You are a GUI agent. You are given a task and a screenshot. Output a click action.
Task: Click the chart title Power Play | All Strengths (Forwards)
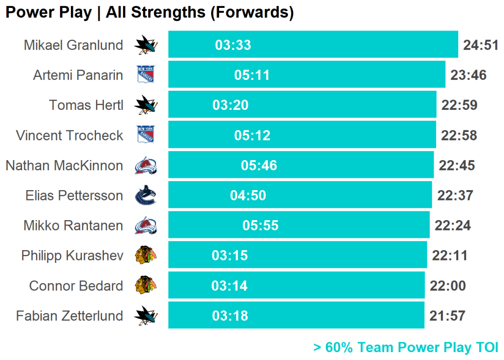pyautogui.click(x=150, y=13)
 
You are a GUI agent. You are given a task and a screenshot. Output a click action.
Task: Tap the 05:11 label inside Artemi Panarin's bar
pyautogui.click(x=252, y=75)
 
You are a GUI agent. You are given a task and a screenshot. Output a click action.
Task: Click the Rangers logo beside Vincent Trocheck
pyautogui.click(x=146, y=135)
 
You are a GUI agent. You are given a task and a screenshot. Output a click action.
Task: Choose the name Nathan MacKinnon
pyautogui.click(x=64, y=165)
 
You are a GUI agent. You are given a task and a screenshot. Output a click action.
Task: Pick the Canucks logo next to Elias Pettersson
pyautogui.click(x=146, y=196)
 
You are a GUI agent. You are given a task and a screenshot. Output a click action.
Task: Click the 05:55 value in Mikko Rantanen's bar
pyautogui.click(x=260, y=226)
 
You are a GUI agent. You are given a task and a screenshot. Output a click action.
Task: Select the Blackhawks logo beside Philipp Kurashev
pyautogui.click(x=146, y=256)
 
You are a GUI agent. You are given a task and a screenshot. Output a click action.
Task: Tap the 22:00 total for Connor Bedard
pyautogui.click(x=447, y=286)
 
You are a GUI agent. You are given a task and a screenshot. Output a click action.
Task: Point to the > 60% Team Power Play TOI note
pyautogui.click(x=406, y=347)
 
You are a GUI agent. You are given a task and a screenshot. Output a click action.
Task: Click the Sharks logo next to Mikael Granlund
pyautogui.click(x=146, y=45)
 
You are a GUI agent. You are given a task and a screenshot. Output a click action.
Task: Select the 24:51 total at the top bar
pyautogui.click(x=481, y=45)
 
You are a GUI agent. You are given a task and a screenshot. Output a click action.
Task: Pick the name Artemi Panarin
pyautogui.click(x=78, y=75)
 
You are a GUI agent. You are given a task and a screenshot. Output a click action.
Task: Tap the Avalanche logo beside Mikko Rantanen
pyautogui.click(x=146, y=226)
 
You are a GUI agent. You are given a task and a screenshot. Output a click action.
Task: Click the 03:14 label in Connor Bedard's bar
pyautogui.click(x=229, y=286)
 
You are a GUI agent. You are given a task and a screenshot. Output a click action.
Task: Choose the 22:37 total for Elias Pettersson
pyautogui.click(x=455, y=196)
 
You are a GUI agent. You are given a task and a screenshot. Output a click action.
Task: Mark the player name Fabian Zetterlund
pyautogui.click(x=69, y=316)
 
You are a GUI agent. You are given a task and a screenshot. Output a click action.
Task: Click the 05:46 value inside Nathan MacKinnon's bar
pyautogui.click(x=259, y=165)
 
